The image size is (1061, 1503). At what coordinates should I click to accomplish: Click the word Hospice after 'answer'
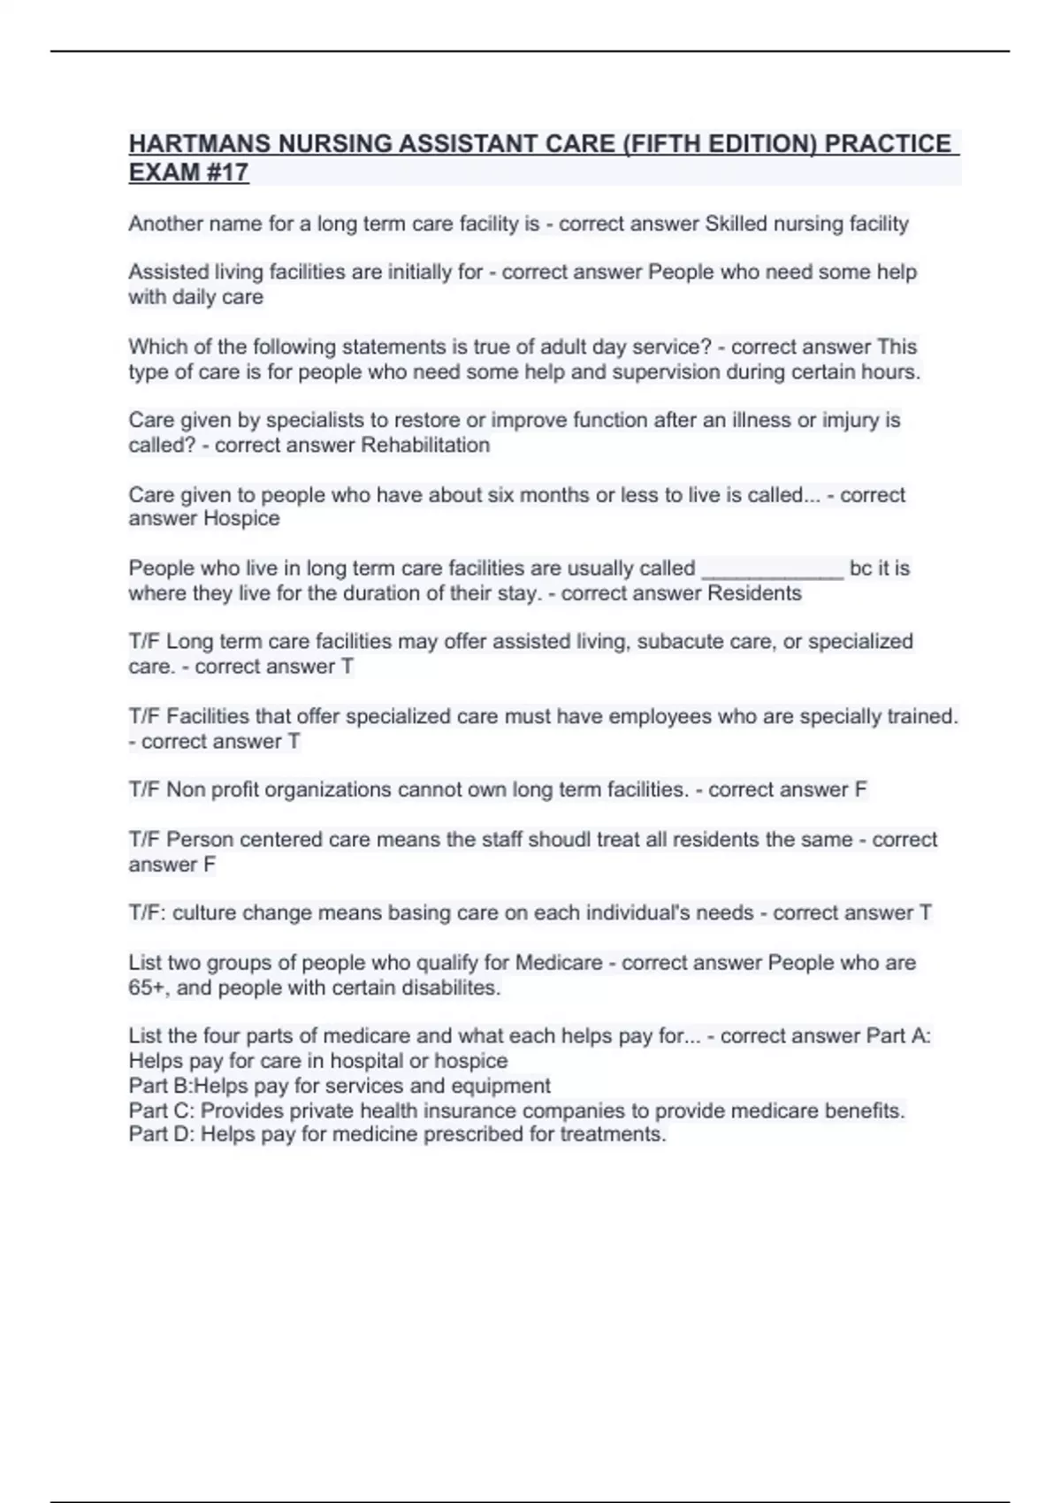click(x=241, y=518)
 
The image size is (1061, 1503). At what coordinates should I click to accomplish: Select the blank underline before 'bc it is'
click(x=773, y=568)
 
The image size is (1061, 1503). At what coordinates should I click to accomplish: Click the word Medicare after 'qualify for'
click(x=559, y=962)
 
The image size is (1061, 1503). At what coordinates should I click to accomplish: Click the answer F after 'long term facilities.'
click(x=860, y=790)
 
